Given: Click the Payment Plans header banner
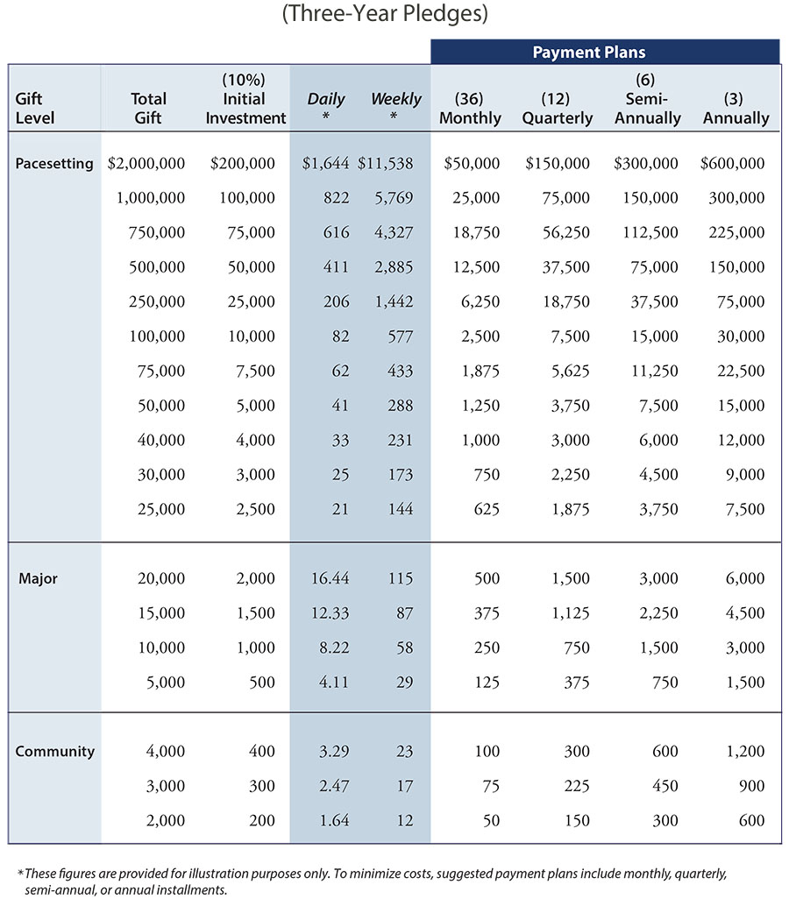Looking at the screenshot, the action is tap(605, 52).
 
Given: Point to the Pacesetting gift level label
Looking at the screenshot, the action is tap(54, 164).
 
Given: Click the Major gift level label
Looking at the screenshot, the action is tap(39, 578).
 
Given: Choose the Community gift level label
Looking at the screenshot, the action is tap(55, 752).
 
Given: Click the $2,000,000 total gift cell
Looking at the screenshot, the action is tap(146, 164).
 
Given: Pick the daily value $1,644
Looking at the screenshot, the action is tap(325, 164).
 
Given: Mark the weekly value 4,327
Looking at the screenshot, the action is tap(394, 233).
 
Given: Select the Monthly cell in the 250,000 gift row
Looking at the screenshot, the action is tap(480, 301).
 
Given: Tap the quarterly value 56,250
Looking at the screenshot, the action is tap(565, 233).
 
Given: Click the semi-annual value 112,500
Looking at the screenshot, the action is tap(650, 233).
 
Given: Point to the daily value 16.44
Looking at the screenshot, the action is tap(330, 578).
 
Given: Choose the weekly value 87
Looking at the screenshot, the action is tap(405, 613).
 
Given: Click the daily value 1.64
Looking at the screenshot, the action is tap(334, 820).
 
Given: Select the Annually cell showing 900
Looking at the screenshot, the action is tap(751, 786).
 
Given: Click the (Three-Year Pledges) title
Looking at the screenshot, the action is tap(385, 13).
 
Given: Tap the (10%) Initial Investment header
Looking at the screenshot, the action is tap(245, 99).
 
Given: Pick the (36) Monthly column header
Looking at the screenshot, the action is tap(470, 108).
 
